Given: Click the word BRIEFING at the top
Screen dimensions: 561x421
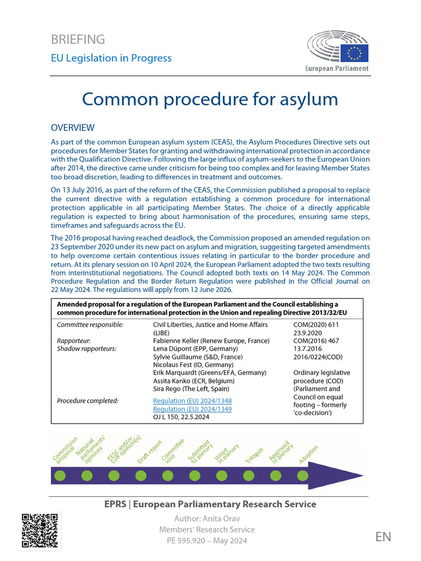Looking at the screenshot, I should click(78, 39).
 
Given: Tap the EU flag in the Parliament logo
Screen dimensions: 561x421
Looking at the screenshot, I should click(354, 53).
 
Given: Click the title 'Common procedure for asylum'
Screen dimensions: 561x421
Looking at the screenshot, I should click(210, 99).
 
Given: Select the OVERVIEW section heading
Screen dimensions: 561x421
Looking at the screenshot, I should click(72, 128).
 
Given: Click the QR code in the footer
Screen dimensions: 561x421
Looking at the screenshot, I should click(39, 530).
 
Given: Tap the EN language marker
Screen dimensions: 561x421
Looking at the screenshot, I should click(383, 536).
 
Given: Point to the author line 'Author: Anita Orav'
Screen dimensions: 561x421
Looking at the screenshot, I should click(207, 518).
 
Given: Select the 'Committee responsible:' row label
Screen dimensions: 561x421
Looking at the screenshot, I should click(90, 325).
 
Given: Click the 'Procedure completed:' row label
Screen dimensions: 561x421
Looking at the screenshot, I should click(88, 401).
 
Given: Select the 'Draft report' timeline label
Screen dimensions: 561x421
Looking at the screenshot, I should click(149, 453).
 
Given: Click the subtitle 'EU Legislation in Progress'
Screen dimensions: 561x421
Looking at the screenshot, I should click(111, 58).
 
